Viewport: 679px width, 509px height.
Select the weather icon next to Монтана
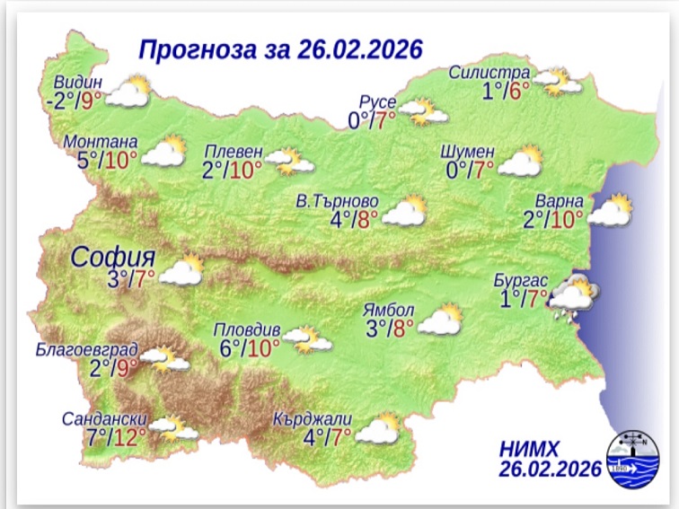pos(163,154)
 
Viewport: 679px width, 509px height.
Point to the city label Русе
pos(377,101)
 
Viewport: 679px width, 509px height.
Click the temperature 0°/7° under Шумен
pos(471,168)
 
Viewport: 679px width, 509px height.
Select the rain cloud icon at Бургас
pos(571,298)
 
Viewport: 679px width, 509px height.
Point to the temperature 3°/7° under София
pos(132,278)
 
